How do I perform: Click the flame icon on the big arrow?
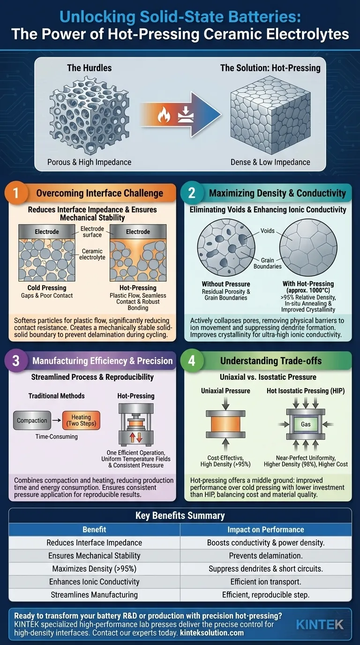point(164,114)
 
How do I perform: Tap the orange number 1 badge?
point(16,193)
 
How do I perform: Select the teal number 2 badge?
point(192,193)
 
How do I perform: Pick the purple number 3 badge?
point(16,360)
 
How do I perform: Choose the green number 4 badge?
point(192,360)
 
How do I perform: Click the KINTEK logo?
point(320,624)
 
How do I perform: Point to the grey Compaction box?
point(32,420)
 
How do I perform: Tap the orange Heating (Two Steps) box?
point(81,420)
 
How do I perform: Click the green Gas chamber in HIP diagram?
point(306,424)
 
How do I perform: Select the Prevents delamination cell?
point(265,555)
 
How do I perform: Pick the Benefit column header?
point(94,529)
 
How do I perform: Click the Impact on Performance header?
point(265,529)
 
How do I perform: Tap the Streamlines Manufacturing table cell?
point(94,594)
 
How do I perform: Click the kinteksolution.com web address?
point(212,633)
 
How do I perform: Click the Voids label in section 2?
point(268,231)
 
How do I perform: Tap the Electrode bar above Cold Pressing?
point(47,232)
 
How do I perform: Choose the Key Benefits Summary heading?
point(180,516)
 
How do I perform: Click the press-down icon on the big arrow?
point(186,114)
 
